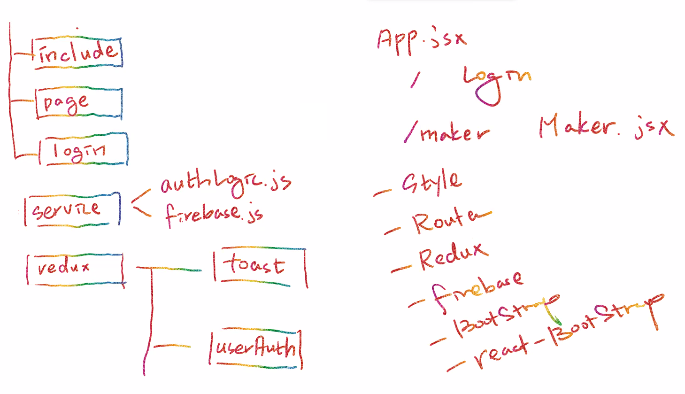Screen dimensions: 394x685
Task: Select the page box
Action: coord(78,103)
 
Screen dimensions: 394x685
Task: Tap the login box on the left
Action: coord(83,150)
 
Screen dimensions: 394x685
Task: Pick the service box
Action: coord(72,209)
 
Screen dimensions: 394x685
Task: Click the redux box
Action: coord(75,269)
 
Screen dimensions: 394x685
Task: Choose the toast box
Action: coord(260,266)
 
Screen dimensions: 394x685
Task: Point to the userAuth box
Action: coord(256,348)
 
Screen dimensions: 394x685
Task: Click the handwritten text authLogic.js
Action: coord(225,184)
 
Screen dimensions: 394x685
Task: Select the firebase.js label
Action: coord(214,215)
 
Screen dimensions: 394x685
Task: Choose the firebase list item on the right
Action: coord(477,289)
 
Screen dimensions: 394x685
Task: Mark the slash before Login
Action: coord(415,80)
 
